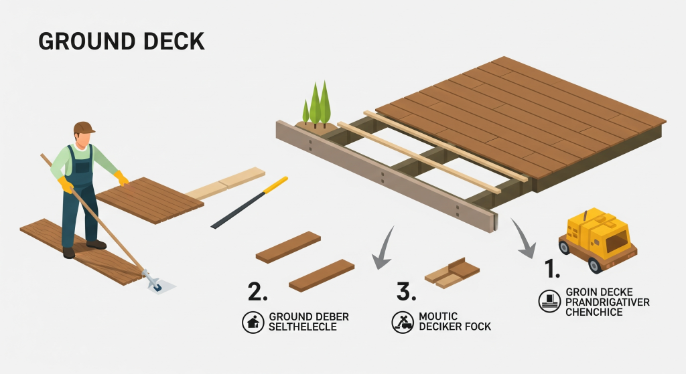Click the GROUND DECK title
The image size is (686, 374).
121,41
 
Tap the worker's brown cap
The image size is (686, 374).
84,127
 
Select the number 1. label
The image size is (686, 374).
552,269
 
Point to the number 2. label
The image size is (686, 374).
258,292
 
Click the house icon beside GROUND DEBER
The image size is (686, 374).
252,322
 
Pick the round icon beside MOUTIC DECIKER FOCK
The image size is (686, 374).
402,322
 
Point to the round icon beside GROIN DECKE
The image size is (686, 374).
549,301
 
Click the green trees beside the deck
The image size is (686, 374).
317,105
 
